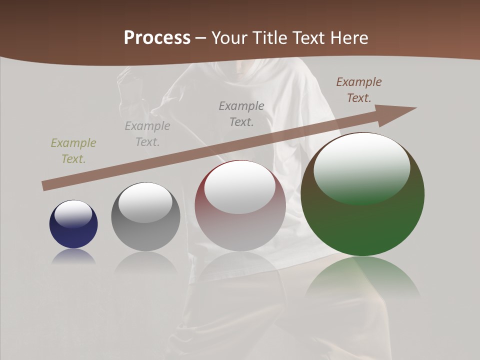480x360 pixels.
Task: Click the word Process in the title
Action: tap(157, 38)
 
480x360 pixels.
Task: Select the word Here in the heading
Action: tap(348, 38)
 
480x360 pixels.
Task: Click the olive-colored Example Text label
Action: tap(73, 151)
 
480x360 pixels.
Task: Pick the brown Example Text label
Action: tap(359, 90)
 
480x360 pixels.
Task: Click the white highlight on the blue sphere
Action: tap(73, 213)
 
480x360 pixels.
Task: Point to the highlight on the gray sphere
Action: tap(145, 202)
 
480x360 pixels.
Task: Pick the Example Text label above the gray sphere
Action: tap(147, 134)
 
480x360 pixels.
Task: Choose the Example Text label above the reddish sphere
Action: tap(241, 114)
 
